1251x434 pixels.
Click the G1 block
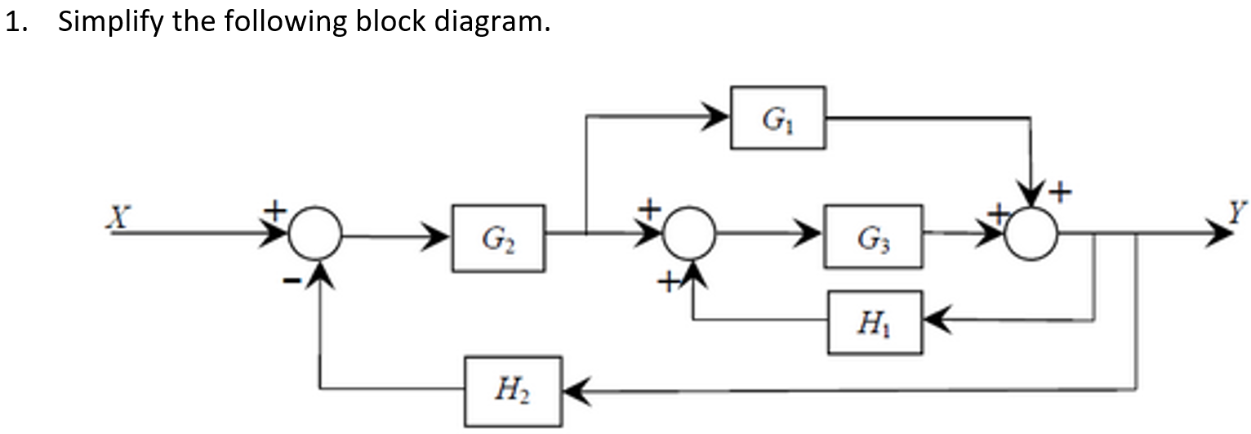coord(777,118)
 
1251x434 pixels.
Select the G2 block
coord(498,238)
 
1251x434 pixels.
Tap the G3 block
coord(873,237)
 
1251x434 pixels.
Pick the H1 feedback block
coord(875,322)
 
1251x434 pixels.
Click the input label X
coord(121,216)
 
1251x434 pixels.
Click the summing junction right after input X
coord(316,236)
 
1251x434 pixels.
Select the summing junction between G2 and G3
coord(690,236)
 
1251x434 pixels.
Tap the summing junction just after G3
coord(1031,236)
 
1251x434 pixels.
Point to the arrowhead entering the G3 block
coord(812,237)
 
